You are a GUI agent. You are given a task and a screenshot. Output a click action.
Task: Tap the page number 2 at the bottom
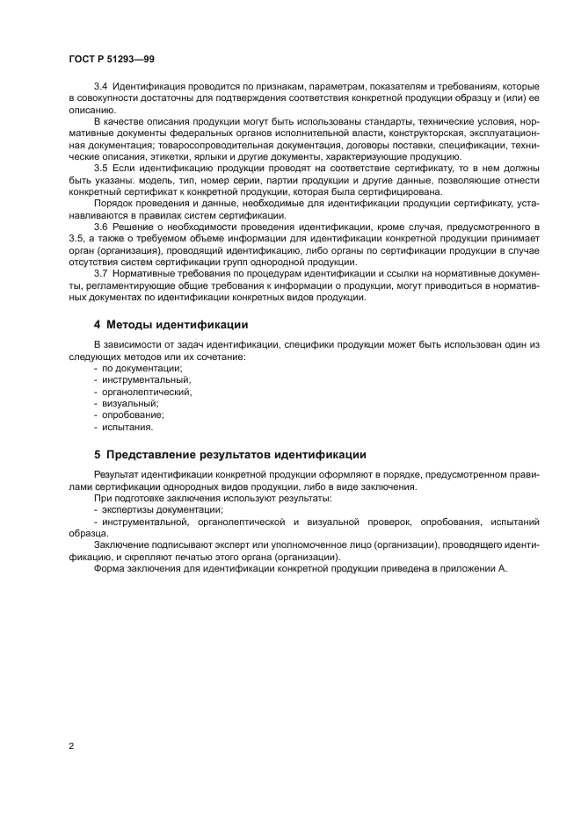(x=71, y=746)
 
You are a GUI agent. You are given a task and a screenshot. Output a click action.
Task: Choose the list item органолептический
(x=146, y=392)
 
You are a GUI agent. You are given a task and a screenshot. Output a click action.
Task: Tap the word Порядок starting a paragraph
(x=114, y=203)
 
